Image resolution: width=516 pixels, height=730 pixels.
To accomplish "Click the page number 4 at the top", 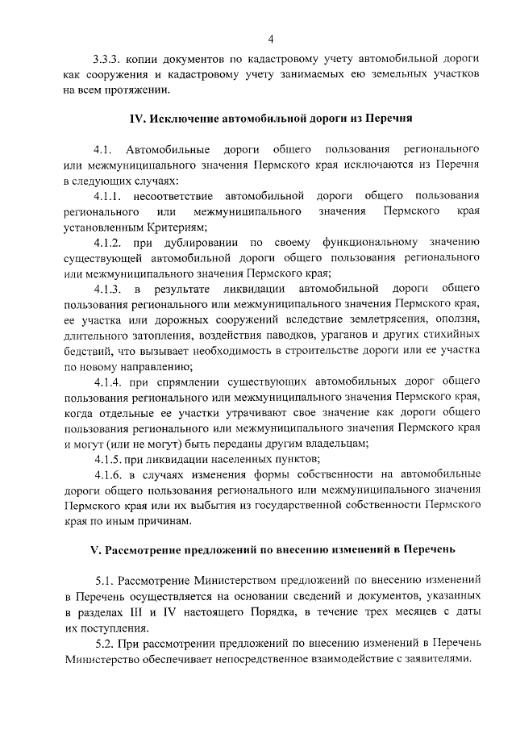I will click(x=271, y=39).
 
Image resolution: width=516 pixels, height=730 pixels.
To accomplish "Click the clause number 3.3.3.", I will click(x=108, y=60).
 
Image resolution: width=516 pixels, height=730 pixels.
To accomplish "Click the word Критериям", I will click(x=164, y=227).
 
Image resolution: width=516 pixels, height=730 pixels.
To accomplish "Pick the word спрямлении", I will click(x=181, y=381).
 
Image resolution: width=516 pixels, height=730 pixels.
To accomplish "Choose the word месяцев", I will click(x=414, y=611).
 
